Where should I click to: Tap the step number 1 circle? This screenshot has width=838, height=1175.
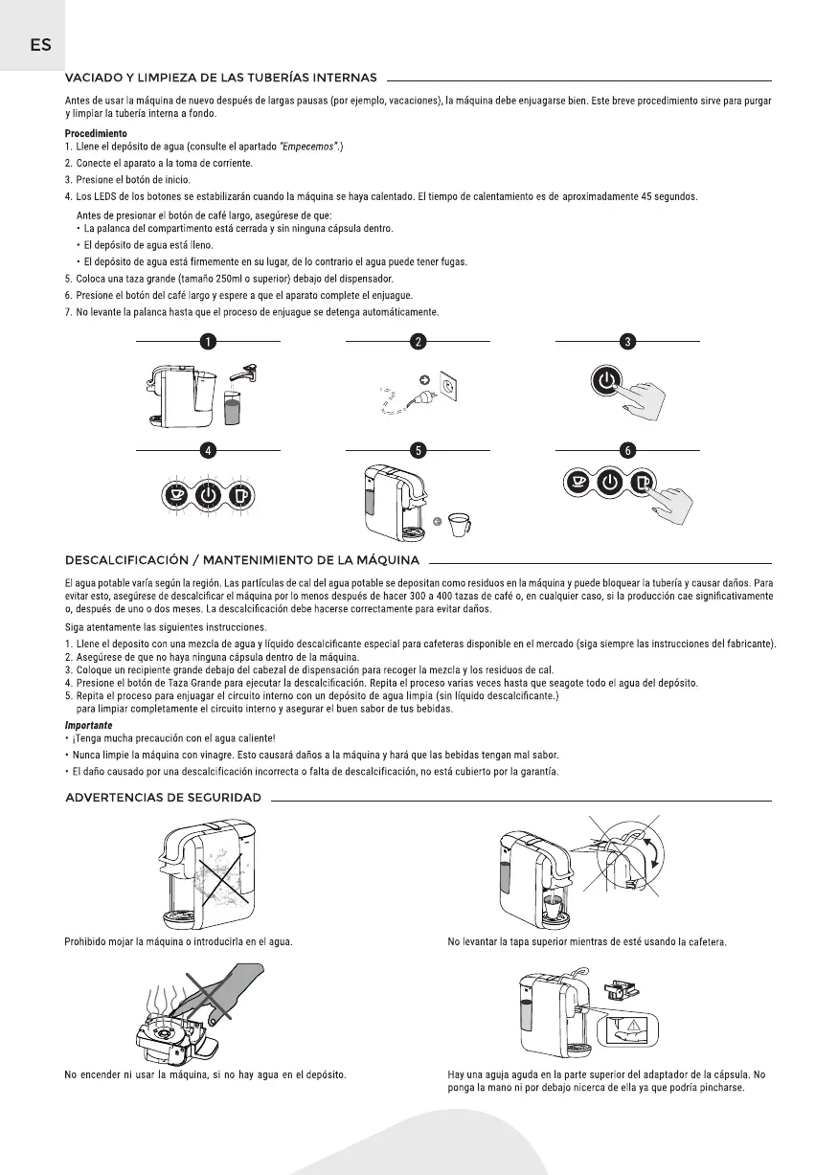tap(208, 340)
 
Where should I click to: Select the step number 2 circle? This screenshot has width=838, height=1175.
tap(418, 340)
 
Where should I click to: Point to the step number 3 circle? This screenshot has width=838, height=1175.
tap(627, 340)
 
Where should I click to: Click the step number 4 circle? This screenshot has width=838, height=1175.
tap(208, 448)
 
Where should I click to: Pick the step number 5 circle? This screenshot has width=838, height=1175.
tap(418, 448)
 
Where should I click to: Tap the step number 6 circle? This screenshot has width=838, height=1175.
tap(627, 448)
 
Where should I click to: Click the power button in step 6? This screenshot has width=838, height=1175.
tap(609, 481)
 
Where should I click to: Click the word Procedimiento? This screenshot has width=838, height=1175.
tap(96, 133)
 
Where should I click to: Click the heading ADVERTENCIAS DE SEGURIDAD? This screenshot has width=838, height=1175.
tap(163, 798)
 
